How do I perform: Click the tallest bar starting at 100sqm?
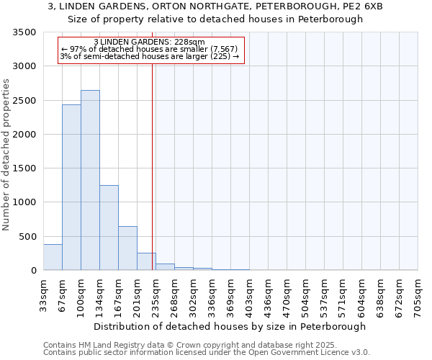point(90,180)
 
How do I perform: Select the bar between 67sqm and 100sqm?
point(71,187)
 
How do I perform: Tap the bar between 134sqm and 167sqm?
point(109,228)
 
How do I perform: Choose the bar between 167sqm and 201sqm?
point(127,248)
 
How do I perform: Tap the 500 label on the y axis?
point(27,236)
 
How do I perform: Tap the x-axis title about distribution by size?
point(230,326)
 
